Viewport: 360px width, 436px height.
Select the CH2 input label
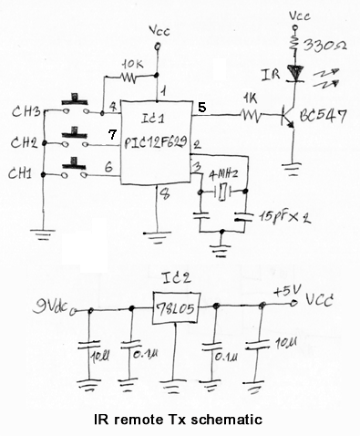coord(26,143)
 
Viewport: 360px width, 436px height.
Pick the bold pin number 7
coord(111,136)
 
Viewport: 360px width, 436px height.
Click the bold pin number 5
coord(201,108)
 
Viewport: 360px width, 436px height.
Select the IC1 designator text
coord(150,121)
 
